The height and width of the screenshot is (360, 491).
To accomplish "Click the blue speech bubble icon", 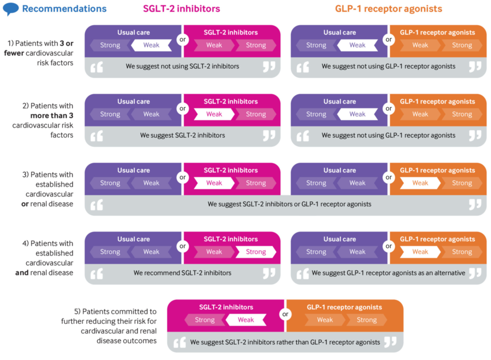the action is [11, 9].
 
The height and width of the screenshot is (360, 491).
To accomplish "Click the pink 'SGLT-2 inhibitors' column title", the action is [182, 9].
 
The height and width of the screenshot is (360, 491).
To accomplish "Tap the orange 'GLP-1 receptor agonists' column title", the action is [389, 9].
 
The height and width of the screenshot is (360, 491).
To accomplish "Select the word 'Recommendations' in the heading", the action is [64, 9].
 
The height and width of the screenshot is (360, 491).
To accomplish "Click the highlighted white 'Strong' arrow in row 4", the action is [256, 252].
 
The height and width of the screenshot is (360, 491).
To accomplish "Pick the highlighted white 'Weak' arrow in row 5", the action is [246, 320].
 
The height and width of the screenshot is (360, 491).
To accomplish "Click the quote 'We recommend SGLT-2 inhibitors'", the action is [183, 273].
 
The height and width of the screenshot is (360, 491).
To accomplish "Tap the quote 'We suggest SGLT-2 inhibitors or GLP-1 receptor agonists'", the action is [289, 204].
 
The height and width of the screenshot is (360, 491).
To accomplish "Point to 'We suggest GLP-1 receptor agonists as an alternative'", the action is [389, 273].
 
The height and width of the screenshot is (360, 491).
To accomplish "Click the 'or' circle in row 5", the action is [285, 314].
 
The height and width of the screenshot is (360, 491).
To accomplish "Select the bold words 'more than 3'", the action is [51, 116].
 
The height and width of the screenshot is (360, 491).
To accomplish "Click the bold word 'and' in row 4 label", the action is [22, 273].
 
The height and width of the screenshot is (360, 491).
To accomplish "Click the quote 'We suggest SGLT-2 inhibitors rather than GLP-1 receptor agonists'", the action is [285, 342].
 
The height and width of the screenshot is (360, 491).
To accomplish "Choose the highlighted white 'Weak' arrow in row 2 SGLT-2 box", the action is [214, 114].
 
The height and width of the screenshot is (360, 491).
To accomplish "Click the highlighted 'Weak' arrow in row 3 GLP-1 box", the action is [420, 183].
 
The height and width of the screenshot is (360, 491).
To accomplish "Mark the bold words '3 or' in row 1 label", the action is [66, 43].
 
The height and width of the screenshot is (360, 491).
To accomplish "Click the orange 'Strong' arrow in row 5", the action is [367, 320].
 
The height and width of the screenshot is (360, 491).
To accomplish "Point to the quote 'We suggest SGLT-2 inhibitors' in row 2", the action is [183, 135].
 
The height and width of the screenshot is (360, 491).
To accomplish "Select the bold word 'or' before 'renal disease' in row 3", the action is [25, 204].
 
